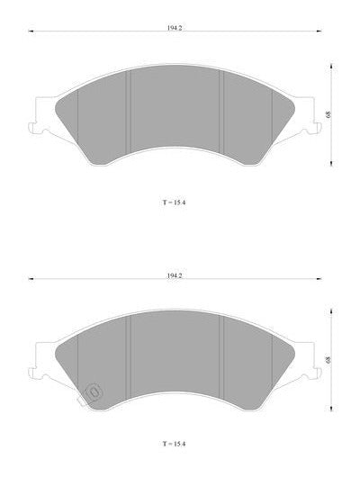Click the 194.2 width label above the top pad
tap(175, 28)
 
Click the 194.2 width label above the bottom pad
tap(175, 275)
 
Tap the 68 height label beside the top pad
tap(328, 114)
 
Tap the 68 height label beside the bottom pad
tap(328, 360)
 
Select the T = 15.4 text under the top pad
tap(174, 202)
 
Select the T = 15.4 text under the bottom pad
tap(174, 444)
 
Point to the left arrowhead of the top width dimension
tap(31, 31)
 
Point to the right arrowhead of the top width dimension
tap(319, 31)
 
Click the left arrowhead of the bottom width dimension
tap(31, 279)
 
